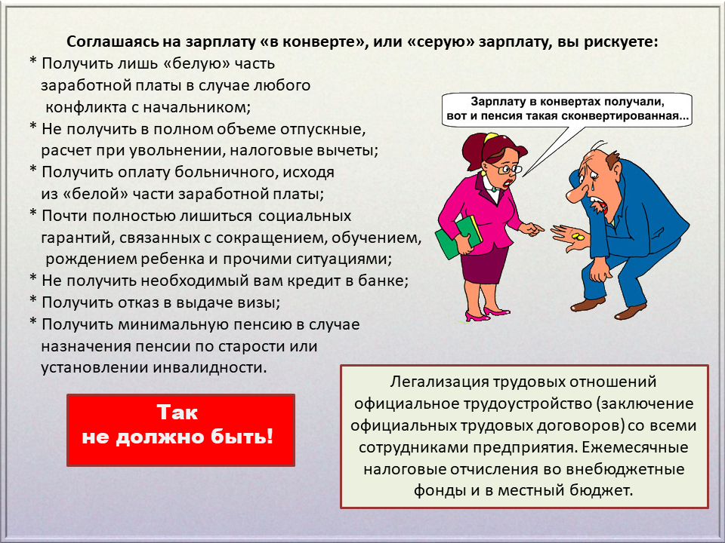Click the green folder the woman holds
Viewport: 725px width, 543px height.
point(458,237)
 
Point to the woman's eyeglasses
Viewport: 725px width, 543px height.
point(506,168)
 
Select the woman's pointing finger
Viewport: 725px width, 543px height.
point(537,228)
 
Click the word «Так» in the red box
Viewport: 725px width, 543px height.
point(177,413)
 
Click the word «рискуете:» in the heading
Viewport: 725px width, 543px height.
point(621,42)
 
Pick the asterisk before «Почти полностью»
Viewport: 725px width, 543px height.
point(32,214)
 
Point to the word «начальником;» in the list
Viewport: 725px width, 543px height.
point(196,108)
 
